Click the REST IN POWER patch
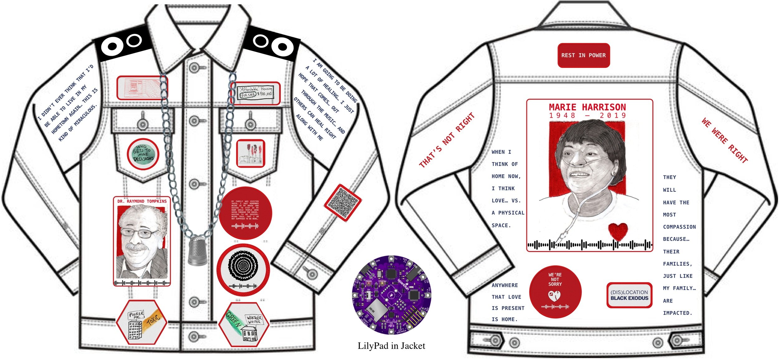(583, 55)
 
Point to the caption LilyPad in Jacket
(391, 346)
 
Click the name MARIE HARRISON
(587, 107)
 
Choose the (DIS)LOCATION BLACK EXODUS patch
(629, 295)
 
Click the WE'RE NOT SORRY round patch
(555, 291)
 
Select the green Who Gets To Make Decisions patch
(143, 154)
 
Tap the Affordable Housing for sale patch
(256, 93)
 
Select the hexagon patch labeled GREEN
(244, 324)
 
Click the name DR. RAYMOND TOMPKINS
(142, 201)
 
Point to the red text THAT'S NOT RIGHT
(447, 140)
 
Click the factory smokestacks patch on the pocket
(251, 154)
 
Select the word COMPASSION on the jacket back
(679, 227)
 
